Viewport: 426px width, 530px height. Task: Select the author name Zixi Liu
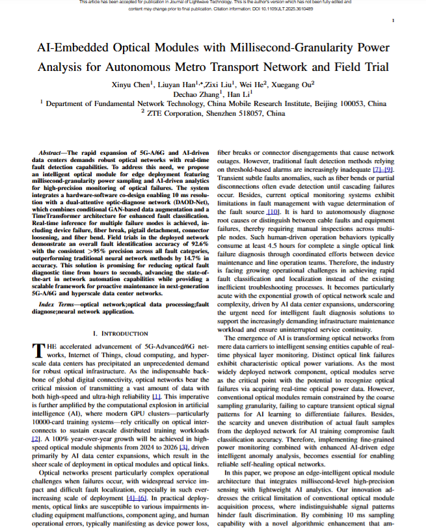(x=219, y=84)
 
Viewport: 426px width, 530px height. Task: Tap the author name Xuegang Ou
(x=293, y=84)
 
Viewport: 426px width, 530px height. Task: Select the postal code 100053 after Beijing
(x=352, y=103)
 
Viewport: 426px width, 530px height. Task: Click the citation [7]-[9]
(x=382, y=171)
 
